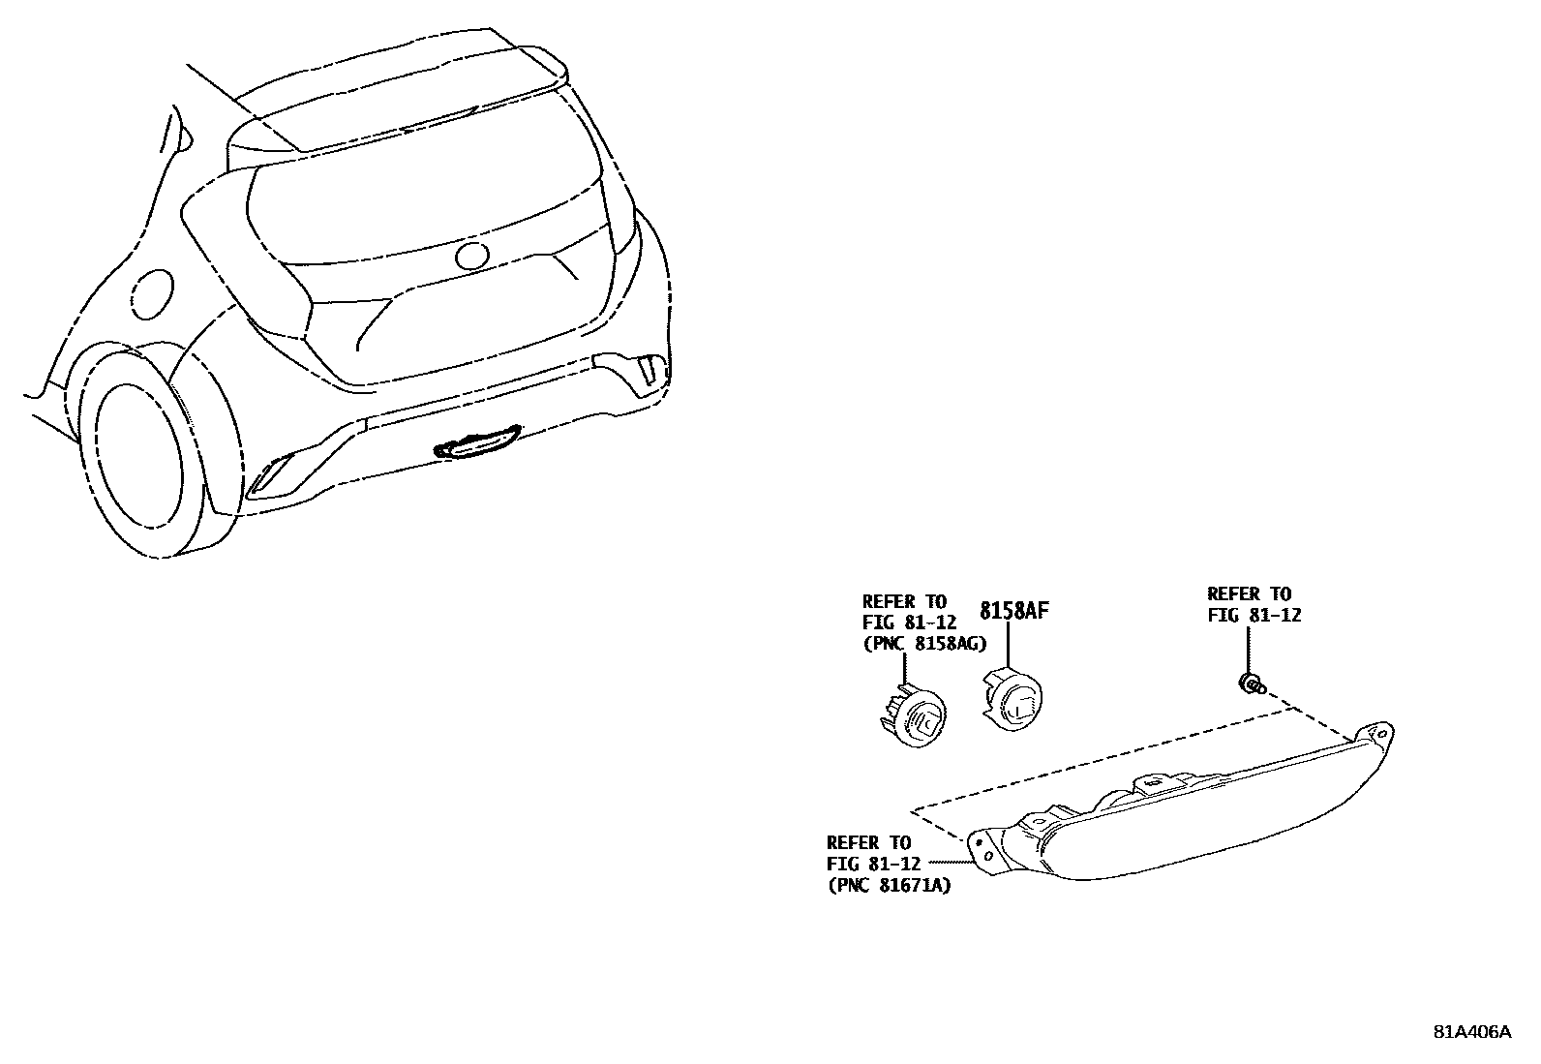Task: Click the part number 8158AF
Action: tap(1013, 611)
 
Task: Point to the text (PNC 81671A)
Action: tap(889, 885)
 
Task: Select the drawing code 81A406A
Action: tap(1471, 1032)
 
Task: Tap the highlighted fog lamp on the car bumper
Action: tap(477, 443)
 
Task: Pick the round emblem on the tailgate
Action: tap(472, 256)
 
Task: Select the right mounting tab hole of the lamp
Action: tap(1382, 736)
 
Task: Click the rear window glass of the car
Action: tap(426, 203)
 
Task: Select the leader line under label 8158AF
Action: tap(1010, 643)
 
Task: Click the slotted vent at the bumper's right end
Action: tap(647, 372)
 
